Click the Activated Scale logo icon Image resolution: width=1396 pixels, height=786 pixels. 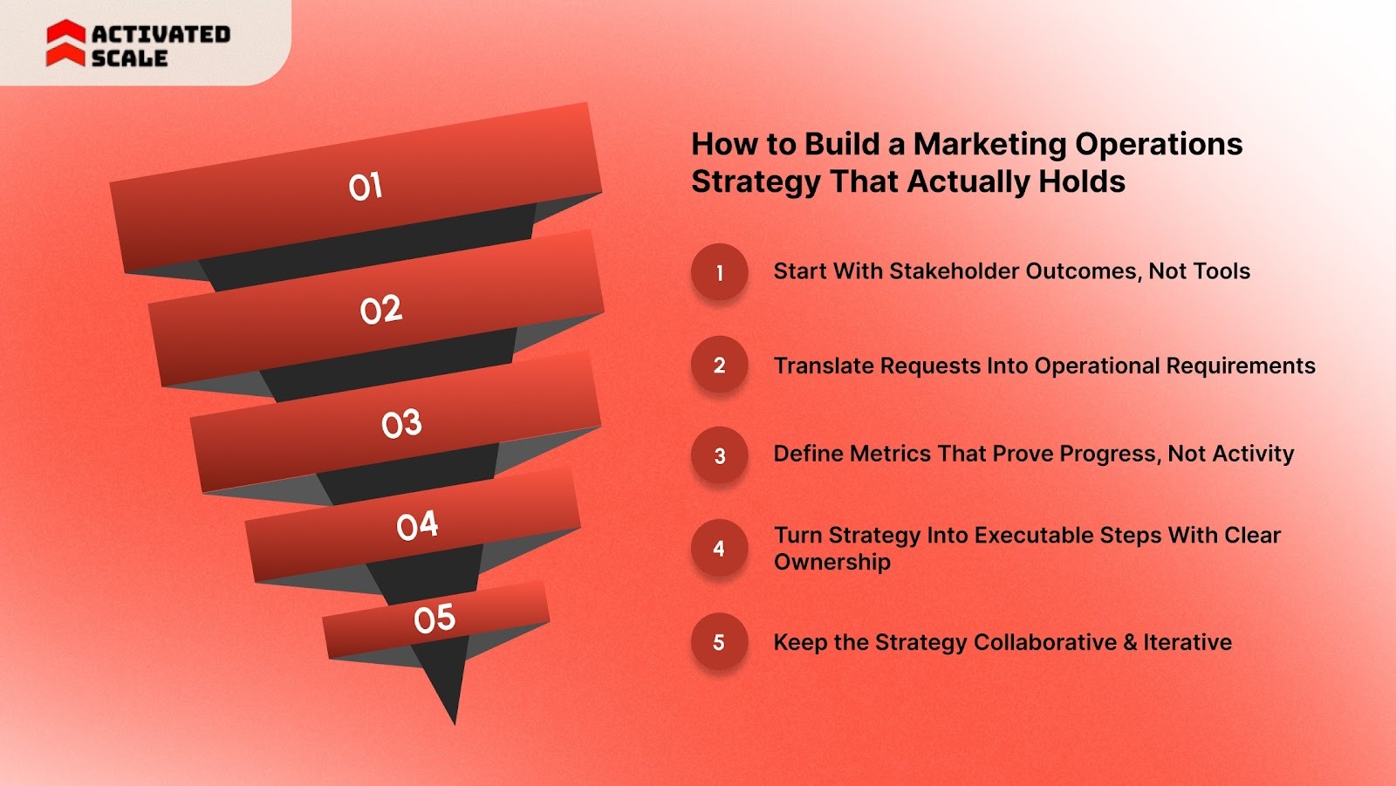65,44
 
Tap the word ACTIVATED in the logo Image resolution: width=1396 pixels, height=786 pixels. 161,34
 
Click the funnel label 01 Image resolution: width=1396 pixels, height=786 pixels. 365,187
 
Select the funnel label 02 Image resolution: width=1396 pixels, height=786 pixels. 380,310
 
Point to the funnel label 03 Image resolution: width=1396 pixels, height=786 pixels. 401,424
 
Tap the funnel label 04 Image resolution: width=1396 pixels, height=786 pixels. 417,526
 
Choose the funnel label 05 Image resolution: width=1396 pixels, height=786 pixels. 435,619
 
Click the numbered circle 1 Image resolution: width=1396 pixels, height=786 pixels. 720,272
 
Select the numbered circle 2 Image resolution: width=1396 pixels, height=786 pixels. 720,365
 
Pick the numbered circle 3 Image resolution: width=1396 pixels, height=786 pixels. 720,455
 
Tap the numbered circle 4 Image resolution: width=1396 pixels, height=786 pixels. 720,549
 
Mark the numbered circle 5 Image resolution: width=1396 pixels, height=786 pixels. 720,642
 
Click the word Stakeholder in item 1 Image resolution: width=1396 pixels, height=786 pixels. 955,271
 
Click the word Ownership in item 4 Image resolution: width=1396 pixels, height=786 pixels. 831,562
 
